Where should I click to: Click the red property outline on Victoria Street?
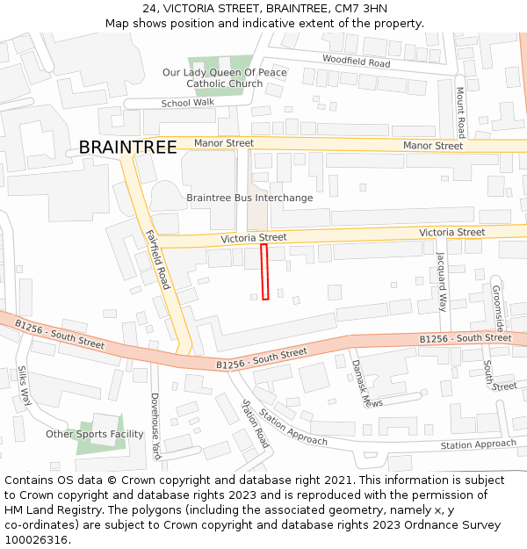(x=264, y=272)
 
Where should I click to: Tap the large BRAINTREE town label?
(x=127, y=148)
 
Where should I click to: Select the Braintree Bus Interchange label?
(x=249, y=198)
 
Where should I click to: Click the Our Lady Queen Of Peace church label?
(x=224, y=78)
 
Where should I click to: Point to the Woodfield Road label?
(x=356, y=62)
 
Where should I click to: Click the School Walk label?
(x=187, y=103)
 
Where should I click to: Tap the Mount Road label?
(x=459, y=112)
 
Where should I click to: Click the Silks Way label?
(x=25, y=386)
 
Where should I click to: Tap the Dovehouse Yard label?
(x=155, y=426)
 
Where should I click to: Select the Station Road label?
(x=256, y=423)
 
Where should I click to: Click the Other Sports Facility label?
(x=95, y=434)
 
